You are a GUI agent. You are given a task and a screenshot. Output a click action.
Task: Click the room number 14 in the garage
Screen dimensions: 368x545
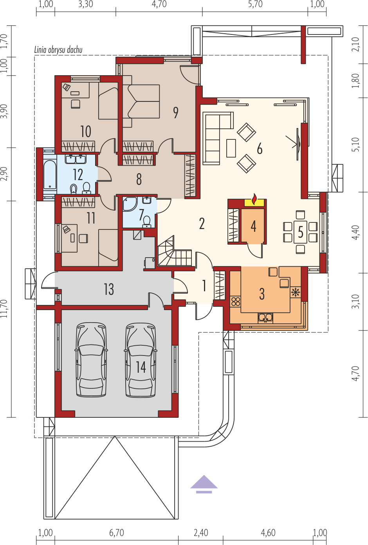coord(141,367)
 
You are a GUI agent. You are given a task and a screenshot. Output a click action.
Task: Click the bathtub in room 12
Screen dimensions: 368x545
coord(50,175)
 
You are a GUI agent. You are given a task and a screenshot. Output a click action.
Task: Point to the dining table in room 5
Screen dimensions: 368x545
coord(300,232)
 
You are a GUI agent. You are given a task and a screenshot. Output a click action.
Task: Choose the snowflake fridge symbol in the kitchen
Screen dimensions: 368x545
coord(296,292)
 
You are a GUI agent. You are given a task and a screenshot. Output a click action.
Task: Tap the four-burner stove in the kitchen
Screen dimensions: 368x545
coord(235,301)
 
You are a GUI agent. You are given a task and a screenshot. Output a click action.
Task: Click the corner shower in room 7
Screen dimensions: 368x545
coord(130,204)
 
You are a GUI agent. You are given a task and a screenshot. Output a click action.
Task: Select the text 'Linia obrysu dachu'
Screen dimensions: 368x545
coord(58,50)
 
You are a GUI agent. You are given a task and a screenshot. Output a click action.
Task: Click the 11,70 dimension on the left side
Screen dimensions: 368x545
coord(4,309)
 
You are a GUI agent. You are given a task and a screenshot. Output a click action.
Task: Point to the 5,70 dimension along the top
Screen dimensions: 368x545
coord(255,4)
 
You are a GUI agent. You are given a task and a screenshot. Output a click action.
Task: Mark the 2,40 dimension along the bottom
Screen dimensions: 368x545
coord(201,532)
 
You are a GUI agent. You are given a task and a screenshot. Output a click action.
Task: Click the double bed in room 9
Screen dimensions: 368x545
coord(141,101)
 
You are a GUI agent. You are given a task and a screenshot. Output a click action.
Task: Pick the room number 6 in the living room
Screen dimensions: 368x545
coord(260,149)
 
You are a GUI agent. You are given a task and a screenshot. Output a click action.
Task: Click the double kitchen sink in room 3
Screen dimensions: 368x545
coord(265,318)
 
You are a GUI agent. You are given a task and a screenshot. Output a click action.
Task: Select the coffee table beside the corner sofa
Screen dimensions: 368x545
coord(231,148)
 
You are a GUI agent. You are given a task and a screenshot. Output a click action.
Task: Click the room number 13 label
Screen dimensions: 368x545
coord(109,289)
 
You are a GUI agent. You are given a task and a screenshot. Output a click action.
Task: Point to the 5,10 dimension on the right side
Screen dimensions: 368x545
coord(355,145)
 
